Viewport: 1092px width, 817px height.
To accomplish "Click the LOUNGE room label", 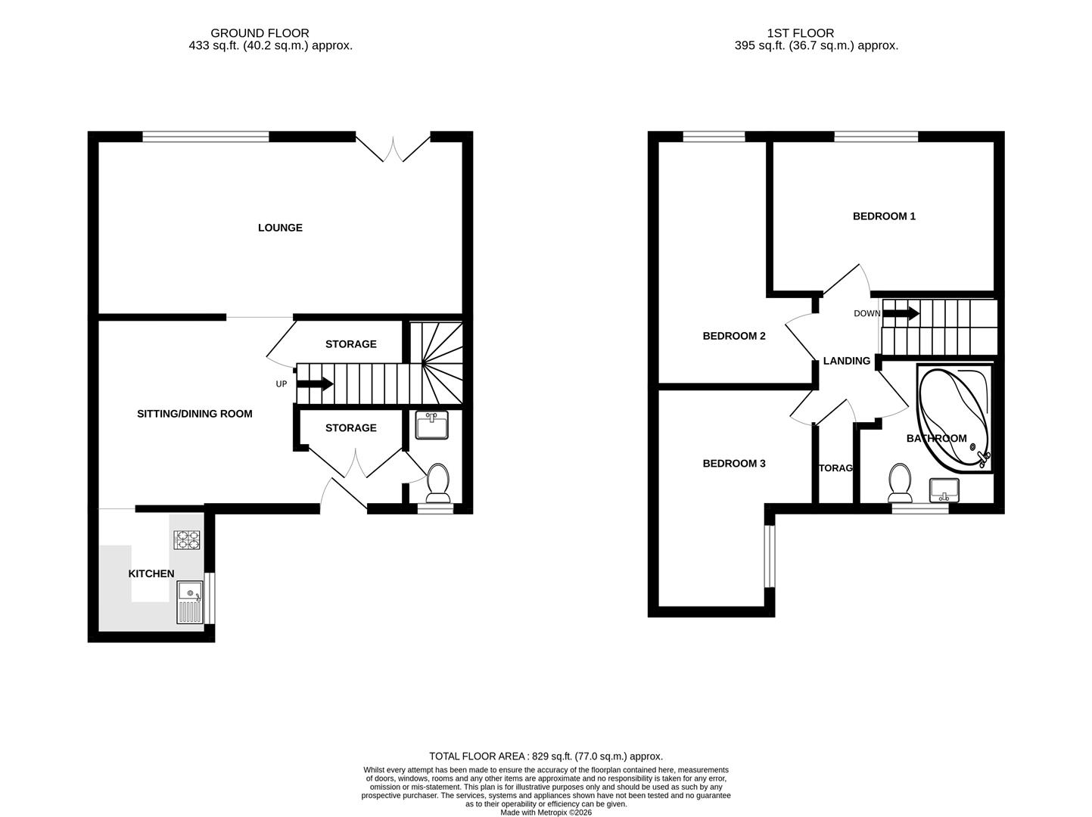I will [280, 228].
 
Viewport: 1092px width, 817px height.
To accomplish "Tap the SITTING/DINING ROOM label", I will [194, 414].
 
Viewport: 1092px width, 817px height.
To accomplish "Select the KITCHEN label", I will [151, 574].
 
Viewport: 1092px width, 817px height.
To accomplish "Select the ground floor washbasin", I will [432, 425].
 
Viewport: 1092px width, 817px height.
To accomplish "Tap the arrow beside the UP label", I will [315, 384].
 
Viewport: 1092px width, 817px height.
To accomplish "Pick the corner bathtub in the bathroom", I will [954, 418].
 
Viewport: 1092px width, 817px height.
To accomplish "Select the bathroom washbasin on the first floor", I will [944, 489].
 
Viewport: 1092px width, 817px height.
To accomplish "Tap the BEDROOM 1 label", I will [884, 216].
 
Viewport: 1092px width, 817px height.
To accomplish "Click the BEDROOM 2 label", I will [734, 336].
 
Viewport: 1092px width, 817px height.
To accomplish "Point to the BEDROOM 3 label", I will [734, 464].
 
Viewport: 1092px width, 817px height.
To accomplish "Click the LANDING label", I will [846, 362].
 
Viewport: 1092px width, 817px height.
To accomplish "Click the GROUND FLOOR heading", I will [260, 33].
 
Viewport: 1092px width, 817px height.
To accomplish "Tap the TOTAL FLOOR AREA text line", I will [546, 756].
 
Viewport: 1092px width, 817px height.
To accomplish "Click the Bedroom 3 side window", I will [769, 556].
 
